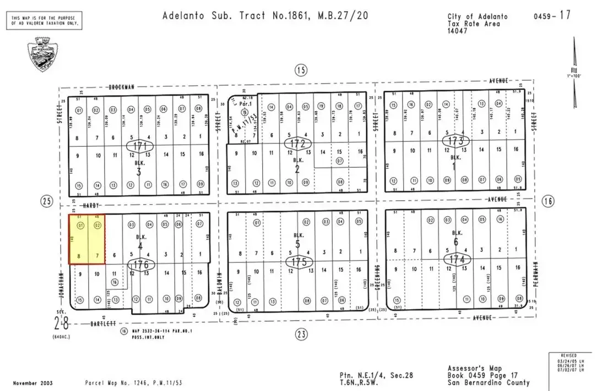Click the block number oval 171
click(x=140, y=146)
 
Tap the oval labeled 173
click(x=455, y=141)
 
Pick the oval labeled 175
click(x=299, y=261)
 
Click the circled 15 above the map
click(x=300, y=70)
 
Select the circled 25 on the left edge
click(x=47, y=202)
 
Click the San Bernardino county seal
click(x=44, y=54)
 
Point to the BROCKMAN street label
click(x=122, y=86)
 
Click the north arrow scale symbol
click(x=574, y=71)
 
